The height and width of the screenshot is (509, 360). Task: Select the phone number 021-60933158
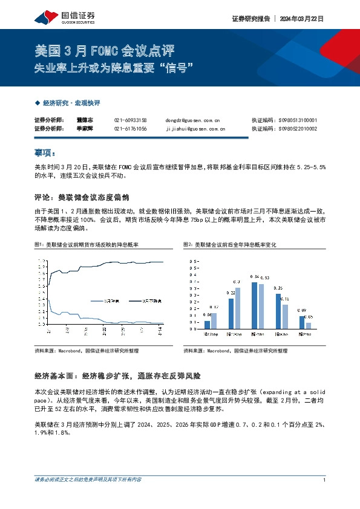pyautogui.click(x=130, y=120)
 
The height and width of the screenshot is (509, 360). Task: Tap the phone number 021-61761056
pyautogui.click(x=130, y=129)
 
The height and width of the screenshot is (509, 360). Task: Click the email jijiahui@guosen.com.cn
pyautogui.click(x=195, y=129)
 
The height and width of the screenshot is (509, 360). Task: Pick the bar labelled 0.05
pyautogui.click(x=309, y=326)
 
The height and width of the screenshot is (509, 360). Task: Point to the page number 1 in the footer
pyautogui.click(x=325, y=480)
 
